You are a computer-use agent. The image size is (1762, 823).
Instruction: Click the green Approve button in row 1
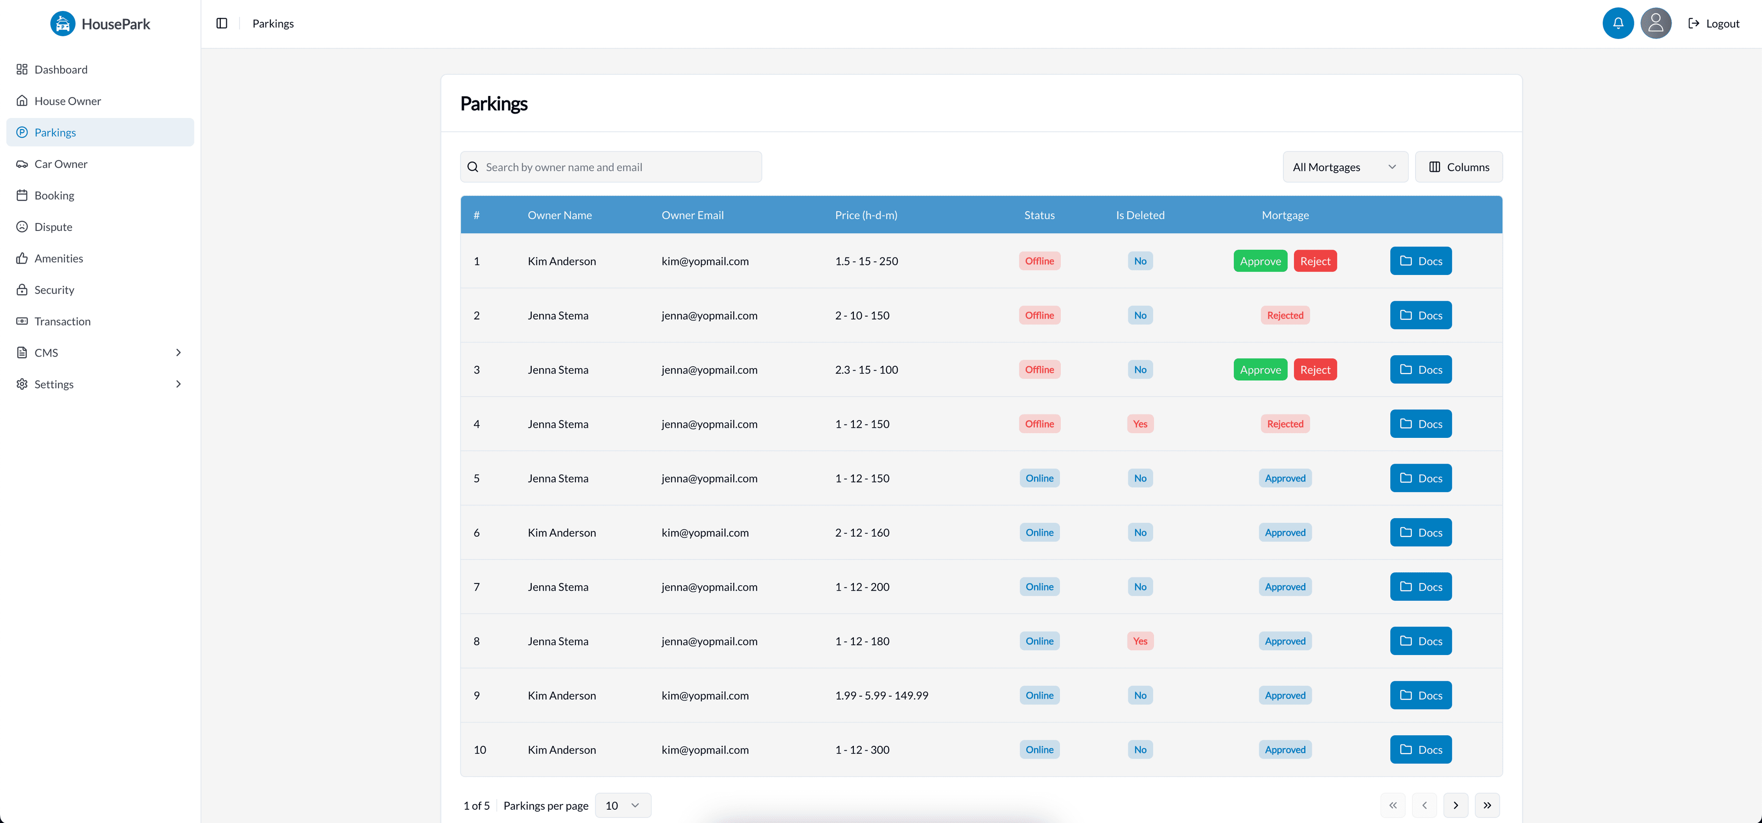pyautogui.click(x=1260, y=261)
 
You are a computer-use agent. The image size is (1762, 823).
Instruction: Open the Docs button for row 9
pyautogui.click(x=1420, y=695)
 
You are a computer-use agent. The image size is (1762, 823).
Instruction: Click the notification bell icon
pyautogui.click(x=1617, y=23)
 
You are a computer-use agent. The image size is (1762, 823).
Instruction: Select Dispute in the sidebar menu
pyautogui.click(x=53, y=226)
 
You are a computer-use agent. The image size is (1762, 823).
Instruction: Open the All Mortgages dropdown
pyautogui.click(x=1344, y=167)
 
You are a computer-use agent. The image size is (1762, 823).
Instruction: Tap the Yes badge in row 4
pyautogui.click(x=1139, y=424)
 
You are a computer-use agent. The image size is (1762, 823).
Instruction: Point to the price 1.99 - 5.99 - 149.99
pyautogui.click(x=881, y=695)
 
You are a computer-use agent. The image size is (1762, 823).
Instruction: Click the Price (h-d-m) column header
pyautogui.click(x=865, y=215)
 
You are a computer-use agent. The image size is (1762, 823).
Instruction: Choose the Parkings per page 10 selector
pyautogui.click(x=623, y=805)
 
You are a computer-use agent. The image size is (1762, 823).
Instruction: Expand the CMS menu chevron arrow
pyautogui.click(x=178, y=353)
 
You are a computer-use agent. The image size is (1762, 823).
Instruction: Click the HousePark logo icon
pyautogui.click(x=63, y=24)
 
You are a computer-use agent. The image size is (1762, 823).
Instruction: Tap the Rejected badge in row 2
pyautogui.click(x=1285, y=315)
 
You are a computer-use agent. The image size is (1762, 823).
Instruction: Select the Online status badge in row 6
pyautogui.click(x=1039, y=532)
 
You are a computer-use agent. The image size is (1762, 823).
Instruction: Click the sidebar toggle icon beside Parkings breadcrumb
pyautogui.click(x=222, y=23)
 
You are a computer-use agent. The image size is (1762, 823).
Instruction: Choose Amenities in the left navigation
pyautogui.click(x=59, y=258)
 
